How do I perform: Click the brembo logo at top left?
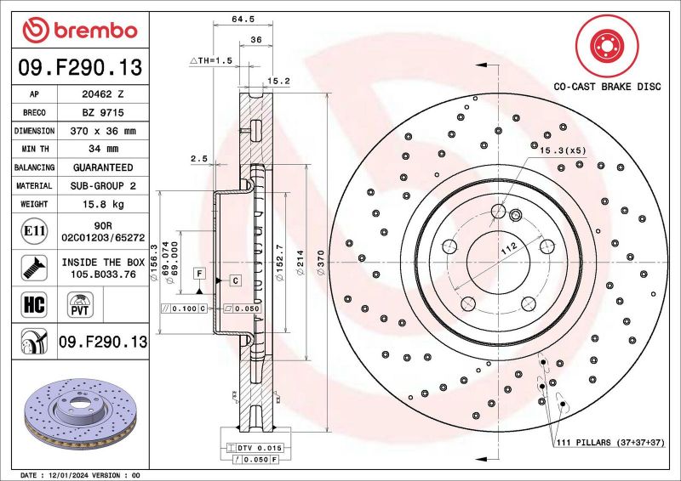click(80, 31)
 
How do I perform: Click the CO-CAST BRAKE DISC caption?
click(608, 86)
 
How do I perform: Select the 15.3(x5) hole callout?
click(563, 150)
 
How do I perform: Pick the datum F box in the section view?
click(198, 274)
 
